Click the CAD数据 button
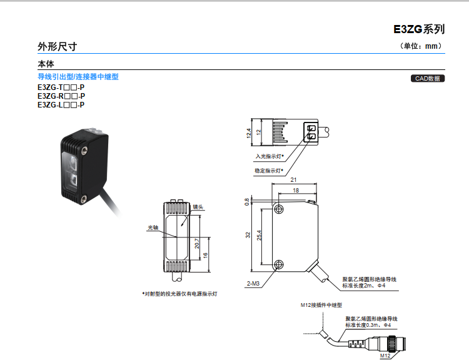point(428,78)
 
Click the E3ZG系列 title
point(419,29)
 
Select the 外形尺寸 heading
point(58,47)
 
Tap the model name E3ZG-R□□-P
point(61,96)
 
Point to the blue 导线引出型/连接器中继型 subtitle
point(78,77)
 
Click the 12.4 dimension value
point(248,133)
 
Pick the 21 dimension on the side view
point(293,180)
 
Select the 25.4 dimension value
point(260,236)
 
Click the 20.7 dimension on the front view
point(197,243)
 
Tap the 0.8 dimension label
point(247,202)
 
